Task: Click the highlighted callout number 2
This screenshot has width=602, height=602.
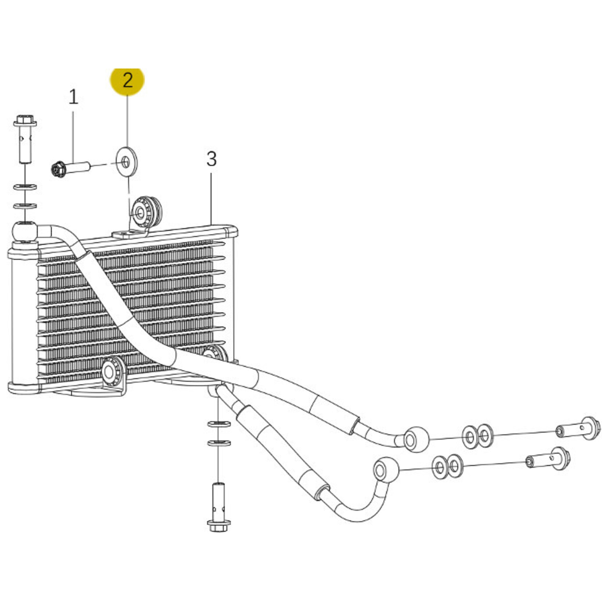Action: [128, 80]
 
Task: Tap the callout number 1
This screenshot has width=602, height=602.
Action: [73, 97]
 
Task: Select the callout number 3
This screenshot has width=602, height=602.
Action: [211, 159]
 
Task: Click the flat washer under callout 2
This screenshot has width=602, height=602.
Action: [126, 161]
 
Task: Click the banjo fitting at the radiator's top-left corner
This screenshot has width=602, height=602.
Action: [25, 231]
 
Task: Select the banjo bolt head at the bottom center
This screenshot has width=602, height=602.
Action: [219, 526]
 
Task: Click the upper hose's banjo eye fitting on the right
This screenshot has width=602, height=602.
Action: [416, 439]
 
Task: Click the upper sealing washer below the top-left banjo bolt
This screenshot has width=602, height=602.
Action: [25, 187]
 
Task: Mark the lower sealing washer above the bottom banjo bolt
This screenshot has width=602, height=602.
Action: [219, 443]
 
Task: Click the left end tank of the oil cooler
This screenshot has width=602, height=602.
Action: [23, 317]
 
